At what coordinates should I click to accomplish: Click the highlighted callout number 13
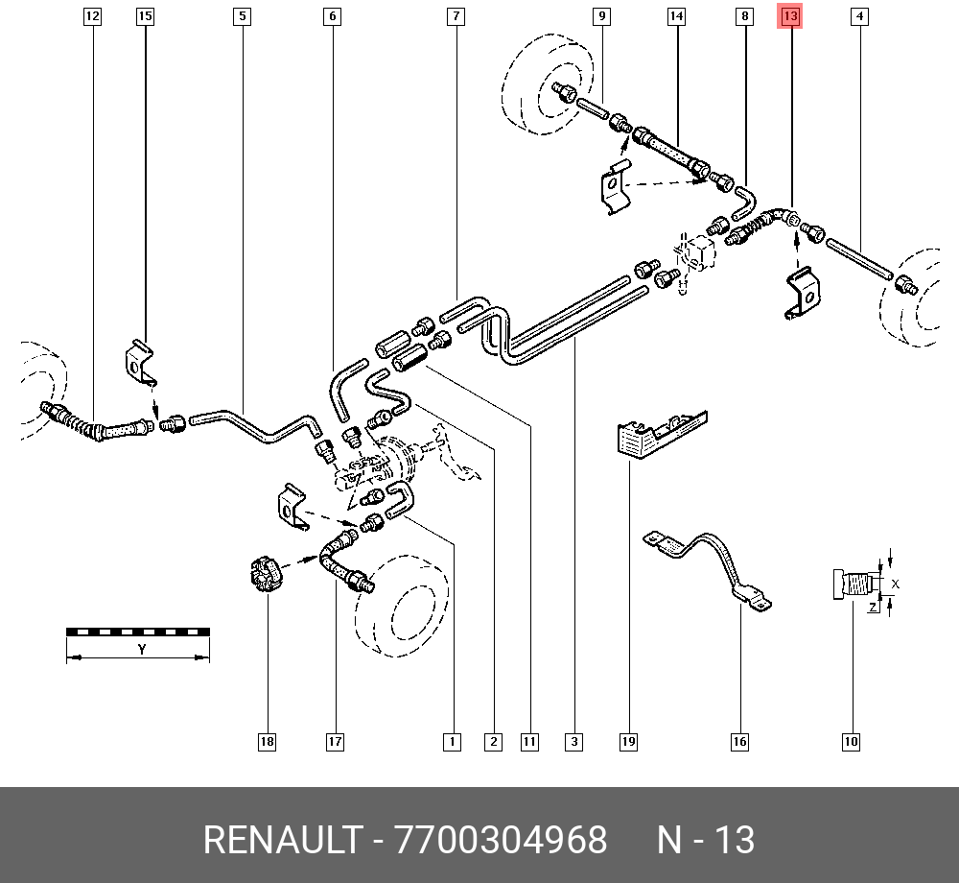[790, 16]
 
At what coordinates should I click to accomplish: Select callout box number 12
[92, 16]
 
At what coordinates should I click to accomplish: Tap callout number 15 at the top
[145, 16]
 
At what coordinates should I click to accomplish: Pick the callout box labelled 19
[628, 742]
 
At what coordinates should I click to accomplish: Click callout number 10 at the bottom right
[851, 742]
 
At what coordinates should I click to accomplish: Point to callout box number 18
[268, 742]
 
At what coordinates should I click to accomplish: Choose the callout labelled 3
[573, 742]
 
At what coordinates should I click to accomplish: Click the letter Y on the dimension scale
[142, 649]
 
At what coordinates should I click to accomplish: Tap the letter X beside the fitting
[896, 584]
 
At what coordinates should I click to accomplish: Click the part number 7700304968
[501, 840]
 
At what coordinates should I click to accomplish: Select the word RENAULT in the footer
[282, 840]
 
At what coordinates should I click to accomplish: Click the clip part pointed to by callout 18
[265, 574]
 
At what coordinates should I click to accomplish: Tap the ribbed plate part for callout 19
[662, 434]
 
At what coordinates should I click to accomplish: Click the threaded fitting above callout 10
[854, 584]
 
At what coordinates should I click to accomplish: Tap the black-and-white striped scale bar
[138, 632]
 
